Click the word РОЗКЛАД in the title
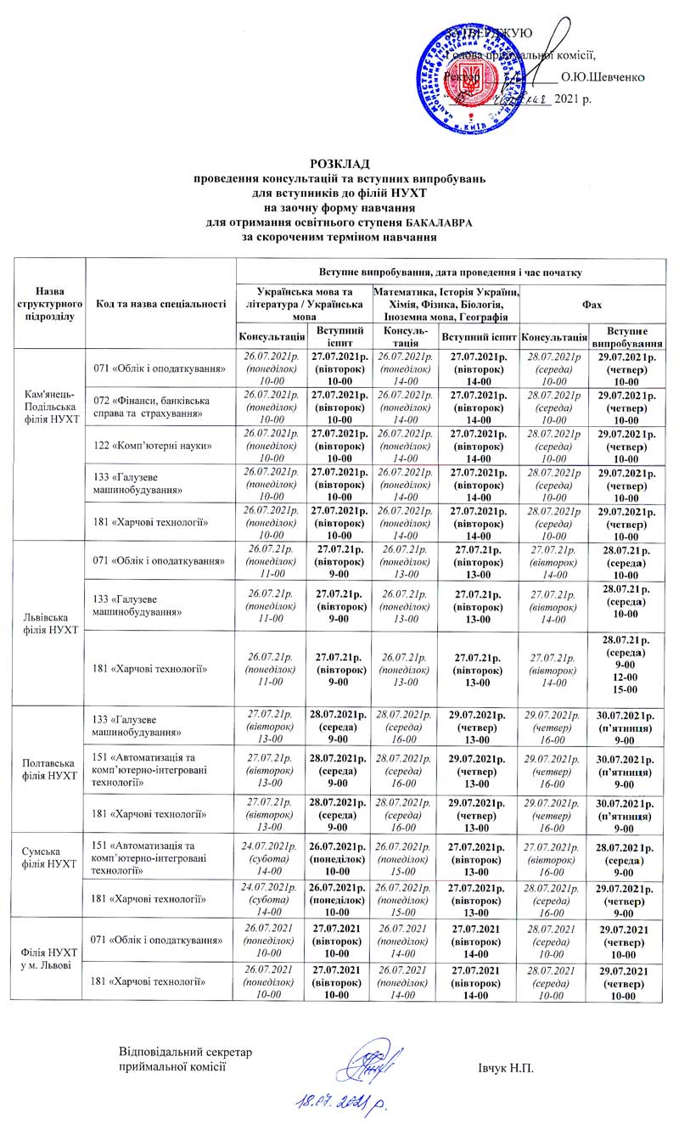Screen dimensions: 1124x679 339,163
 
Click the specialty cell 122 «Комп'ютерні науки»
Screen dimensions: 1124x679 152,446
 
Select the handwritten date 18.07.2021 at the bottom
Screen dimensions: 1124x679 339,1101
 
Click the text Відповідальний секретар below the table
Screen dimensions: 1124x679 186,1054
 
